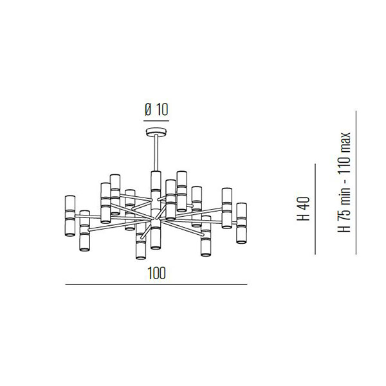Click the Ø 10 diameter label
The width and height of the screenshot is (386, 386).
[156, 110]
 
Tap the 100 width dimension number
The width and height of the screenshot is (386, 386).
[156, 273]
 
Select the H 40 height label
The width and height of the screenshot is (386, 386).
[303, 208]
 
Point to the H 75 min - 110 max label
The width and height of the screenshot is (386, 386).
[344, 183]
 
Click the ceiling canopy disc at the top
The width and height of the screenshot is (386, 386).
[156, 131]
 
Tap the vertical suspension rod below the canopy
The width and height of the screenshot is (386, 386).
[156, 153]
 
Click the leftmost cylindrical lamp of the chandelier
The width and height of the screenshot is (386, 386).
[70, 216]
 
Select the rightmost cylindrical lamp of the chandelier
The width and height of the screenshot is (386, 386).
[241, 223]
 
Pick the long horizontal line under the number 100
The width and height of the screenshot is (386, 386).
[156, 285]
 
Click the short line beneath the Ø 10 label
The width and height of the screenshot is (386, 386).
[156, 121]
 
